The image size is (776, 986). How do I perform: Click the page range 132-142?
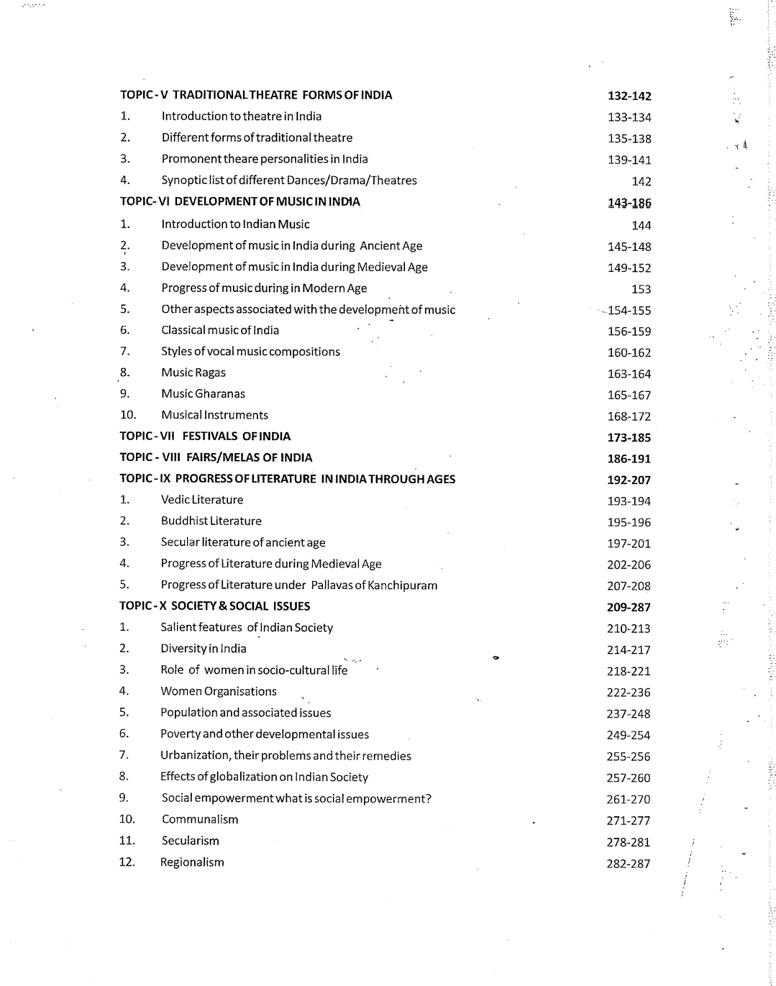[629, 96]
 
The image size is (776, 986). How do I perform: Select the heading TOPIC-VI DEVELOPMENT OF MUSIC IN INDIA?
[239, 202]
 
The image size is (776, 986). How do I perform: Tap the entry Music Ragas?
[193, 373]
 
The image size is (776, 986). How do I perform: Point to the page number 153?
[641, 289]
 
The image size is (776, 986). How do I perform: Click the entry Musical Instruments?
[214, 415]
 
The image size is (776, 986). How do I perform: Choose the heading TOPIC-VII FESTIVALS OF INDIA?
[205, 437]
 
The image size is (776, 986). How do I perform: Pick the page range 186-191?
[629, 459]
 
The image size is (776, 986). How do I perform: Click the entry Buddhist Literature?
[211, 521]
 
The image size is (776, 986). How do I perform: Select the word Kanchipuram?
[402, 585]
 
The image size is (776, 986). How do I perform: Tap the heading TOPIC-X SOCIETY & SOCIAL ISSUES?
[214, 606]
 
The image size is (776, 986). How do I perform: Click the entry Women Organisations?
[219, 692]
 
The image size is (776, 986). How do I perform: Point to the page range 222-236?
[629, 693]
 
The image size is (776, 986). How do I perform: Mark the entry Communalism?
[200, 820]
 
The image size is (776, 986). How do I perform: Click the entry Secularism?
[191, 841]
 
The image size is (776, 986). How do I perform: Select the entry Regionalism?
[192, 862]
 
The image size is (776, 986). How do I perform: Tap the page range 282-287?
[629, 864]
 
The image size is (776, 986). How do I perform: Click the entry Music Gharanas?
[203, 394]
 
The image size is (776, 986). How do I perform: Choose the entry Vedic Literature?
[202, 500]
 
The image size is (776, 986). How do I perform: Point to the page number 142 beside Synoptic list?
[641, 182]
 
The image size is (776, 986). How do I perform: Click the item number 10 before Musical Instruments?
[127, 415]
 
